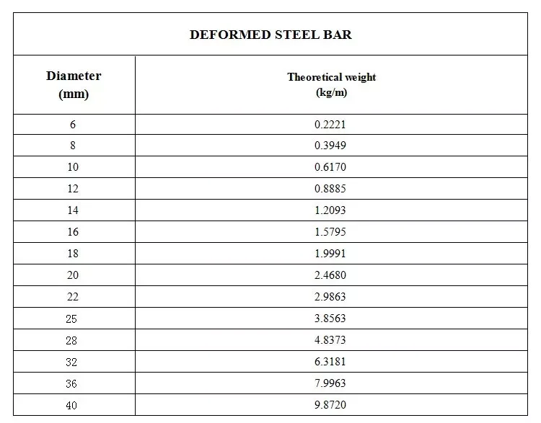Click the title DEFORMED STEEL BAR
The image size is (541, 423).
coord(270,35)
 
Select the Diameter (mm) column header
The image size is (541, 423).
coord(74,84)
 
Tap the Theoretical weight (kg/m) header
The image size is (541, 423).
coord(331,84)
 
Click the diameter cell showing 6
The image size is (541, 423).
coord(73,124)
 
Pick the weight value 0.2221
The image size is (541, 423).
coord(331,124)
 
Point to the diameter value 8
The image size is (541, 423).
coord(73,146)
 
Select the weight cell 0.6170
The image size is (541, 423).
coord(331,167)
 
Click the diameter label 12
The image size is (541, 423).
coord(73,189)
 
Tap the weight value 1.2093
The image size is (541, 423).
coord(331,210)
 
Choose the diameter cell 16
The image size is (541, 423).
coord(73,232)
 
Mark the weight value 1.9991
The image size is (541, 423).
coord(331,254)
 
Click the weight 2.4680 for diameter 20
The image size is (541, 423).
coord(331,275)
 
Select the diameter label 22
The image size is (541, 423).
coord(73,297)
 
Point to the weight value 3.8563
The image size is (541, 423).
coord(331,319)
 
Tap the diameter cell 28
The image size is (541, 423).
coord(73,340)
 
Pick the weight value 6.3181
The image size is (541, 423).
coord(331,362)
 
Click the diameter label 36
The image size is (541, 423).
coord(73,383)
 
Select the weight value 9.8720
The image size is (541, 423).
coord(331,405)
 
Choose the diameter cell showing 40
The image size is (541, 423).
coord(73,405)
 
